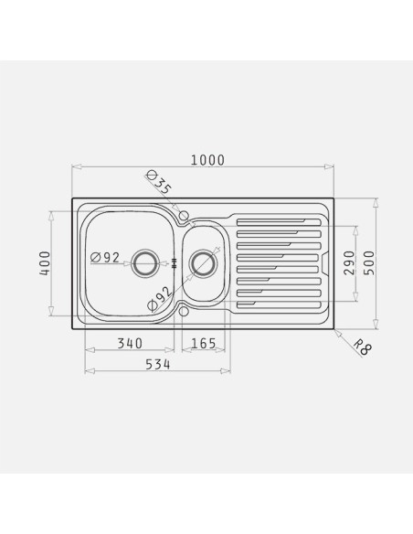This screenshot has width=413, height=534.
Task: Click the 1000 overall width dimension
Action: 207,160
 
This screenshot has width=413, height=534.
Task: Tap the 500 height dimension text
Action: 368,263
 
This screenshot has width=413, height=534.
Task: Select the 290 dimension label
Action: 349,263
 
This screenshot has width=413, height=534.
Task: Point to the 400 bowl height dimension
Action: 45,263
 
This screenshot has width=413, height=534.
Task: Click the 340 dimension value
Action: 130,343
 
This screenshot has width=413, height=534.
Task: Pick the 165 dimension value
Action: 204,343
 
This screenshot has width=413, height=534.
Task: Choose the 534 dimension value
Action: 157,365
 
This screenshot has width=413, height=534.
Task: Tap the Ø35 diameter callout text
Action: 159,183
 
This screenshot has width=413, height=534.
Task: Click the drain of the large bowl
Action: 144,263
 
